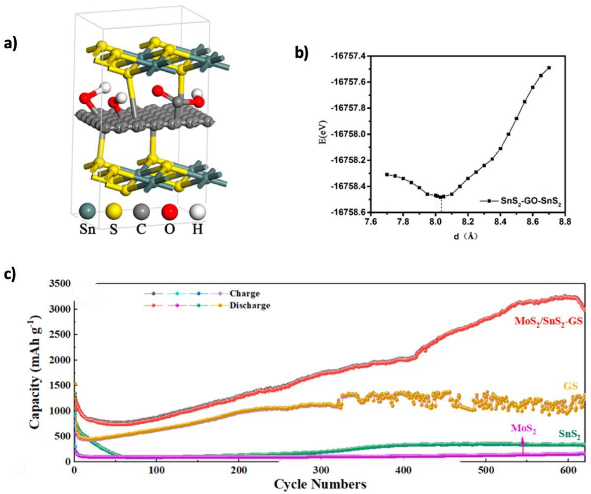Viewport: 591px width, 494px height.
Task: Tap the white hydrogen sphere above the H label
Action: click(x=198, y=212)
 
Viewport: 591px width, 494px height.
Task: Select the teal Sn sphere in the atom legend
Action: click(x=87, y=212)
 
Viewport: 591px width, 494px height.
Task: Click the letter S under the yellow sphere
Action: click(x=114, y=229)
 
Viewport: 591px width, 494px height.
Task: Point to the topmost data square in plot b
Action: click(x=549, y=68)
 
